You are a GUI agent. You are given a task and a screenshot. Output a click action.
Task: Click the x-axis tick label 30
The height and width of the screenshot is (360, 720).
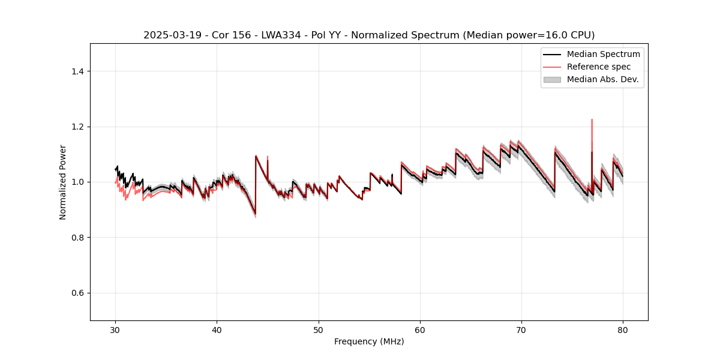click(115, 329)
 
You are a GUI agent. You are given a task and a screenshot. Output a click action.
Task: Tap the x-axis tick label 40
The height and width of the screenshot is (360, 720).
click(217, 329)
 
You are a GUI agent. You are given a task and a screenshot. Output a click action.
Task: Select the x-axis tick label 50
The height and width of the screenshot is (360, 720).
click(319, 329)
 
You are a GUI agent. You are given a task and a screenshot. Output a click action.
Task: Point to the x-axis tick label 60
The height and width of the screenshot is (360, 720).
click(420, 329)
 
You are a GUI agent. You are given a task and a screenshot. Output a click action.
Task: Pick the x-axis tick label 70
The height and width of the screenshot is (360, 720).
click(521, 329)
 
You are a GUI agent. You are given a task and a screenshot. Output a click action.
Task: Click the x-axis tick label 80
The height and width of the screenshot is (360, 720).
click(623, 329)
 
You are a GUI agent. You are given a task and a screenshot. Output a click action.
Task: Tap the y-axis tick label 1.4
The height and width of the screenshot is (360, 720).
click(77, 71)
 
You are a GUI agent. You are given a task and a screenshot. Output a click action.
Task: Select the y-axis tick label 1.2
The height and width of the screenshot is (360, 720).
click(77, 127)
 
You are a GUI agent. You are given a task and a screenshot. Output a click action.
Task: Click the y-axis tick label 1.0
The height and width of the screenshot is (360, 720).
click(77, 182)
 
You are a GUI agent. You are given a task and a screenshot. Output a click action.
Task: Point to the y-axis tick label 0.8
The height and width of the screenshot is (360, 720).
click(77, 238)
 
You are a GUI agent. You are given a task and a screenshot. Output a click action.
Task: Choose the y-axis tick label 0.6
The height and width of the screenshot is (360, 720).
click(77, 293)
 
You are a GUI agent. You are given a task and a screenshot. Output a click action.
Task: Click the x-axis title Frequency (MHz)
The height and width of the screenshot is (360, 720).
click(369, 341)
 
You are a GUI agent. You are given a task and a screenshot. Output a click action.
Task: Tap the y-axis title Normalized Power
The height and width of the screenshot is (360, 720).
click(63, 182)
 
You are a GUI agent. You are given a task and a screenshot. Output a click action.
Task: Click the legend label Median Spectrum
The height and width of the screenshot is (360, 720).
click(603, 54)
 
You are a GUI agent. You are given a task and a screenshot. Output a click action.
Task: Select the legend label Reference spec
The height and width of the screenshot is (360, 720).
click(598, 67)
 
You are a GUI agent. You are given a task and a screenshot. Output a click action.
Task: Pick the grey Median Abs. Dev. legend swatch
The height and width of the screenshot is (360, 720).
click(551, 79)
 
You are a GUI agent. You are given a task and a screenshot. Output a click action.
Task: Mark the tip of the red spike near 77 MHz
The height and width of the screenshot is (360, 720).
click(592, 119)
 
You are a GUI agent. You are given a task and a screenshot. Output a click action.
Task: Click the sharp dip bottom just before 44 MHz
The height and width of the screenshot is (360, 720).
click(255, 214)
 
